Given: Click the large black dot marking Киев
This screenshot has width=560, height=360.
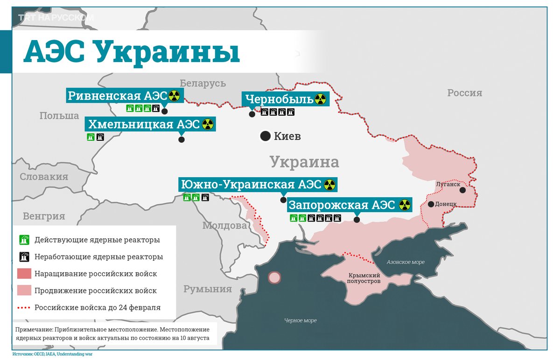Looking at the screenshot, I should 265,136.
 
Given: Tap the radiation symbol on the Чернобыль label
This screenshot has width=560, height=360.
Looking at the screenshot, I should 320,99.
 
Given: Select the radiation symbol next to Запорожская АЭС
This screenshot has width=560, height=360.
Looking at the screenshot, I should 404,205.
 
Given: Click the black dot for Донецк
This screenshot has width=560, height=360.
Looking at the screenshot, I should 431,204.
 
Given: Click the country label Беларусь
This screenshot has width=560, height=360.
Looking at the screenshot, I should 203,83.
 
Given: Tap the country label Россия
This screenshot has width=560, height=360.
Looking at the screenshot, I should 464,93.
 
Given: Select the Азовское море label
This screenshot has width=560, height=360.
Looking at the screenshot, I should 405,262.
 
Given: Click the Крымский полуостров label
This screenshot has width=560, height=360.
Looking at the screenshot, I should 364,278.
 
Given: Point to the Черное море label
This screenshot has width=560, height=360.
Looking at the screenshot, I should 301,320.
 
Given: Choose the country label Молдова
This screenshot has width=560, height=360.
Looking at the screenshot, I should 224,226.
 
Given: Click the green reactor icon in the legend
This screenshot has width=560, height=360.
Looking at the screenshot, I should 24,240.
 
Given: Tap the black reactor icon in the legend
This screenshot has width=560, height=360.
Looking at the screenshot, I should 24,256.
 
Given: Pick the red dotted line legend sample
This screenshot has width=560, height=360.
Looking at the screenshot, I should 24,308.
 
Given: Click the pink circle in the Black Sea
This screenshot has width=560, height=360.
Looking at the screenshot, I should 275,278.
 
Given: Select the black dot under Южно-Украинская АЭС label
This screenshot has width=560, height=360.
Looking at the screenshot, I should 283,200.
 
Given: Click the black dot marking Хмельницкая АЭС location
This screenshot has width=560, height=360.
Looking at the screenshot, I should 182,139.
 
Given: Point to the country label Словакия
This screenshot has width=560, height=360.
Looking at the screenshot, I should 44,177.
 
